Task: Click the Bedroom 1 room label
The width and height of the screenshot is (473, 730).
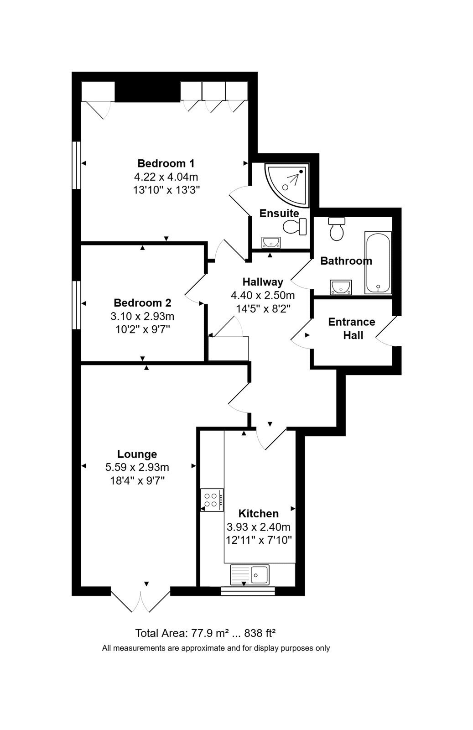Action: tap(166, 163)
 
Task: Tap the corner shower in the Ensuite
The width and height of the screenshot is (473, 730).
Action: tap(286, 185)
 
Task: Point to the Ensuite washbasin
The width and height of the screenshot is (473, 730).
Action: tap(270, 242)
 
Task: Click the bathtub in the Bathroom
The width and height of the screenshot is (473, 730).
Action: tap(378, 263)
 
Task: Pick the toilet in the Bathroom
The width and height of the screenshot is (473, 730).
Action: tap(337, 229)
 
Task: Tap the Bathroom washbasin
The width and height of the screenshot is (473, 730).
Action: tap(341, 287)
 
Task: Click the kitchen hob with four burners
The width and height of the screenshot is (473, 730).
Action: tap(212, 500)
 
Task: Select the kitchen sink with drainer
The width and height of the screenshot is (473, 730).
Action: tap(250, 574)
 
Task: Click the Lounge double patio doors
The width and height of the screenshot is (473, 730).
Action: tap(140, 599)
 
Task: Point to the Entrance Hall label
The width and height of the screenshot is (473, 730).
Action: tap(352, 328)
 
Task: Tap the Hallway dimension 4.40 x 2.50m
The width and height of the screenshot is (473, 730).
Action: tap(263, 295)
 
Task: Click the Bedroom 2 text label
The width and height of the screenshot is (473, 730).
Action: tap(142, 303)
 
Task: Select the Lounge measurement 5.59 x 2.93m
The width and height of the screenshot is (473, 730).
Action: tap(137, 467)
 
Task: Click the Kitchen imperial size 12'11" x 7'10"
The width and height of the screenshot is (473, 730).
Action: tap(259, 540)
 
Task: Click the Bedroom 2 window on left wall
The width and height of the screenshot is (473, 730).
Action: tap(76, 305)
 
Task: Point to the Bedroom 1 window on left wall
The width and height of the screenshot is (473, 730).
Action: tap(76, 165)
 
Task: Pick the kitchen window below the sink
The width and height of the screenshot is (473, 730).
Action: tap(248, 591)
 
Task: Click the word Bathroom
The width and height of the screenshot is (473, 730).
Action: tap(346, 261)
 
